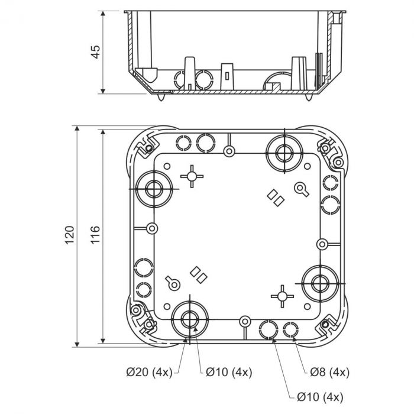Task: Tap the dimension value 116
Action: [95, 235]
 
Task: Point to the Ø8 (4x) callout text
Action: [329, 372]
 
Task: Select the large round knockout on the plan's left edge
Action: [153, 189]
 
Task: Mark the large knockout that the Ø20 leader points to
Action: [190, 318]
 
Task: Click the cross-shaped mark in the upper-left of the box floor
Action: [192, 176]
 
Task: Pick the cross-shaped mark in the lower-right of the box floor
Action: [282, 295]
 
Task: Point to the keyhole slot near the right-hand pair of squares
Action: [301, 189]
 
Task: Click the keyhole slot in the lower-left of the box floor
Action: [172, 283]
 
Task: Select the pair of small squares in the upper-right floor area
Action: [276, 198]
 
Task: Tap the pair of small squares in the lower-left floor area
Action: [198, 274]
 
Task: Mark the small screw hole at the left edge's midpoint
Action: [152, 228]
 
